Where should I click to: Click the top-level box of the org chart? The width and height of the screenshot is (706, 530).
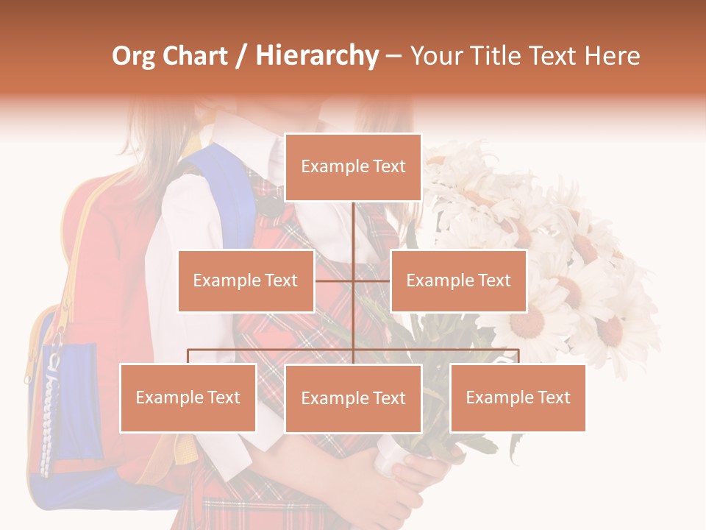coord(353,167)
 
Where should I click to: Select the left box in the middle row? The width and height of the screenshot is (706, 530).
coord(246,280)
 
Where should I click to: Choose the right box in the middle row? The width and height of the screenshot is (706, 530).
coord(458,280)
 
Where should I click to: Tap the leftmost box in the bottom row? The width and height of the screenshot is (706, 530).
coord(188,397)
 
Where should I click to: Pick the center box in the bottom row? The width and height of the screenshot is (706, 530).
coord(353,398)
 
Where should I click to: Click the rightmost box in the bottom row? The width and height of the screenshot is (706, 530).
coord(518,397)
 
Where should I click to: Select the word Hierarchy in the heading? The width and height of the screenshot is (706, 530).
coord(316,56)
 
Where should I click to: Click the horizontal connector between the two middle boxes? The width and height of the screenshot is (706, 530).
coord(353,280)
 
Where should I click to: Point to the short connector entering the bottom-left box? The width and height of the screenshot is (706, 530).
coord(188,356)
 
